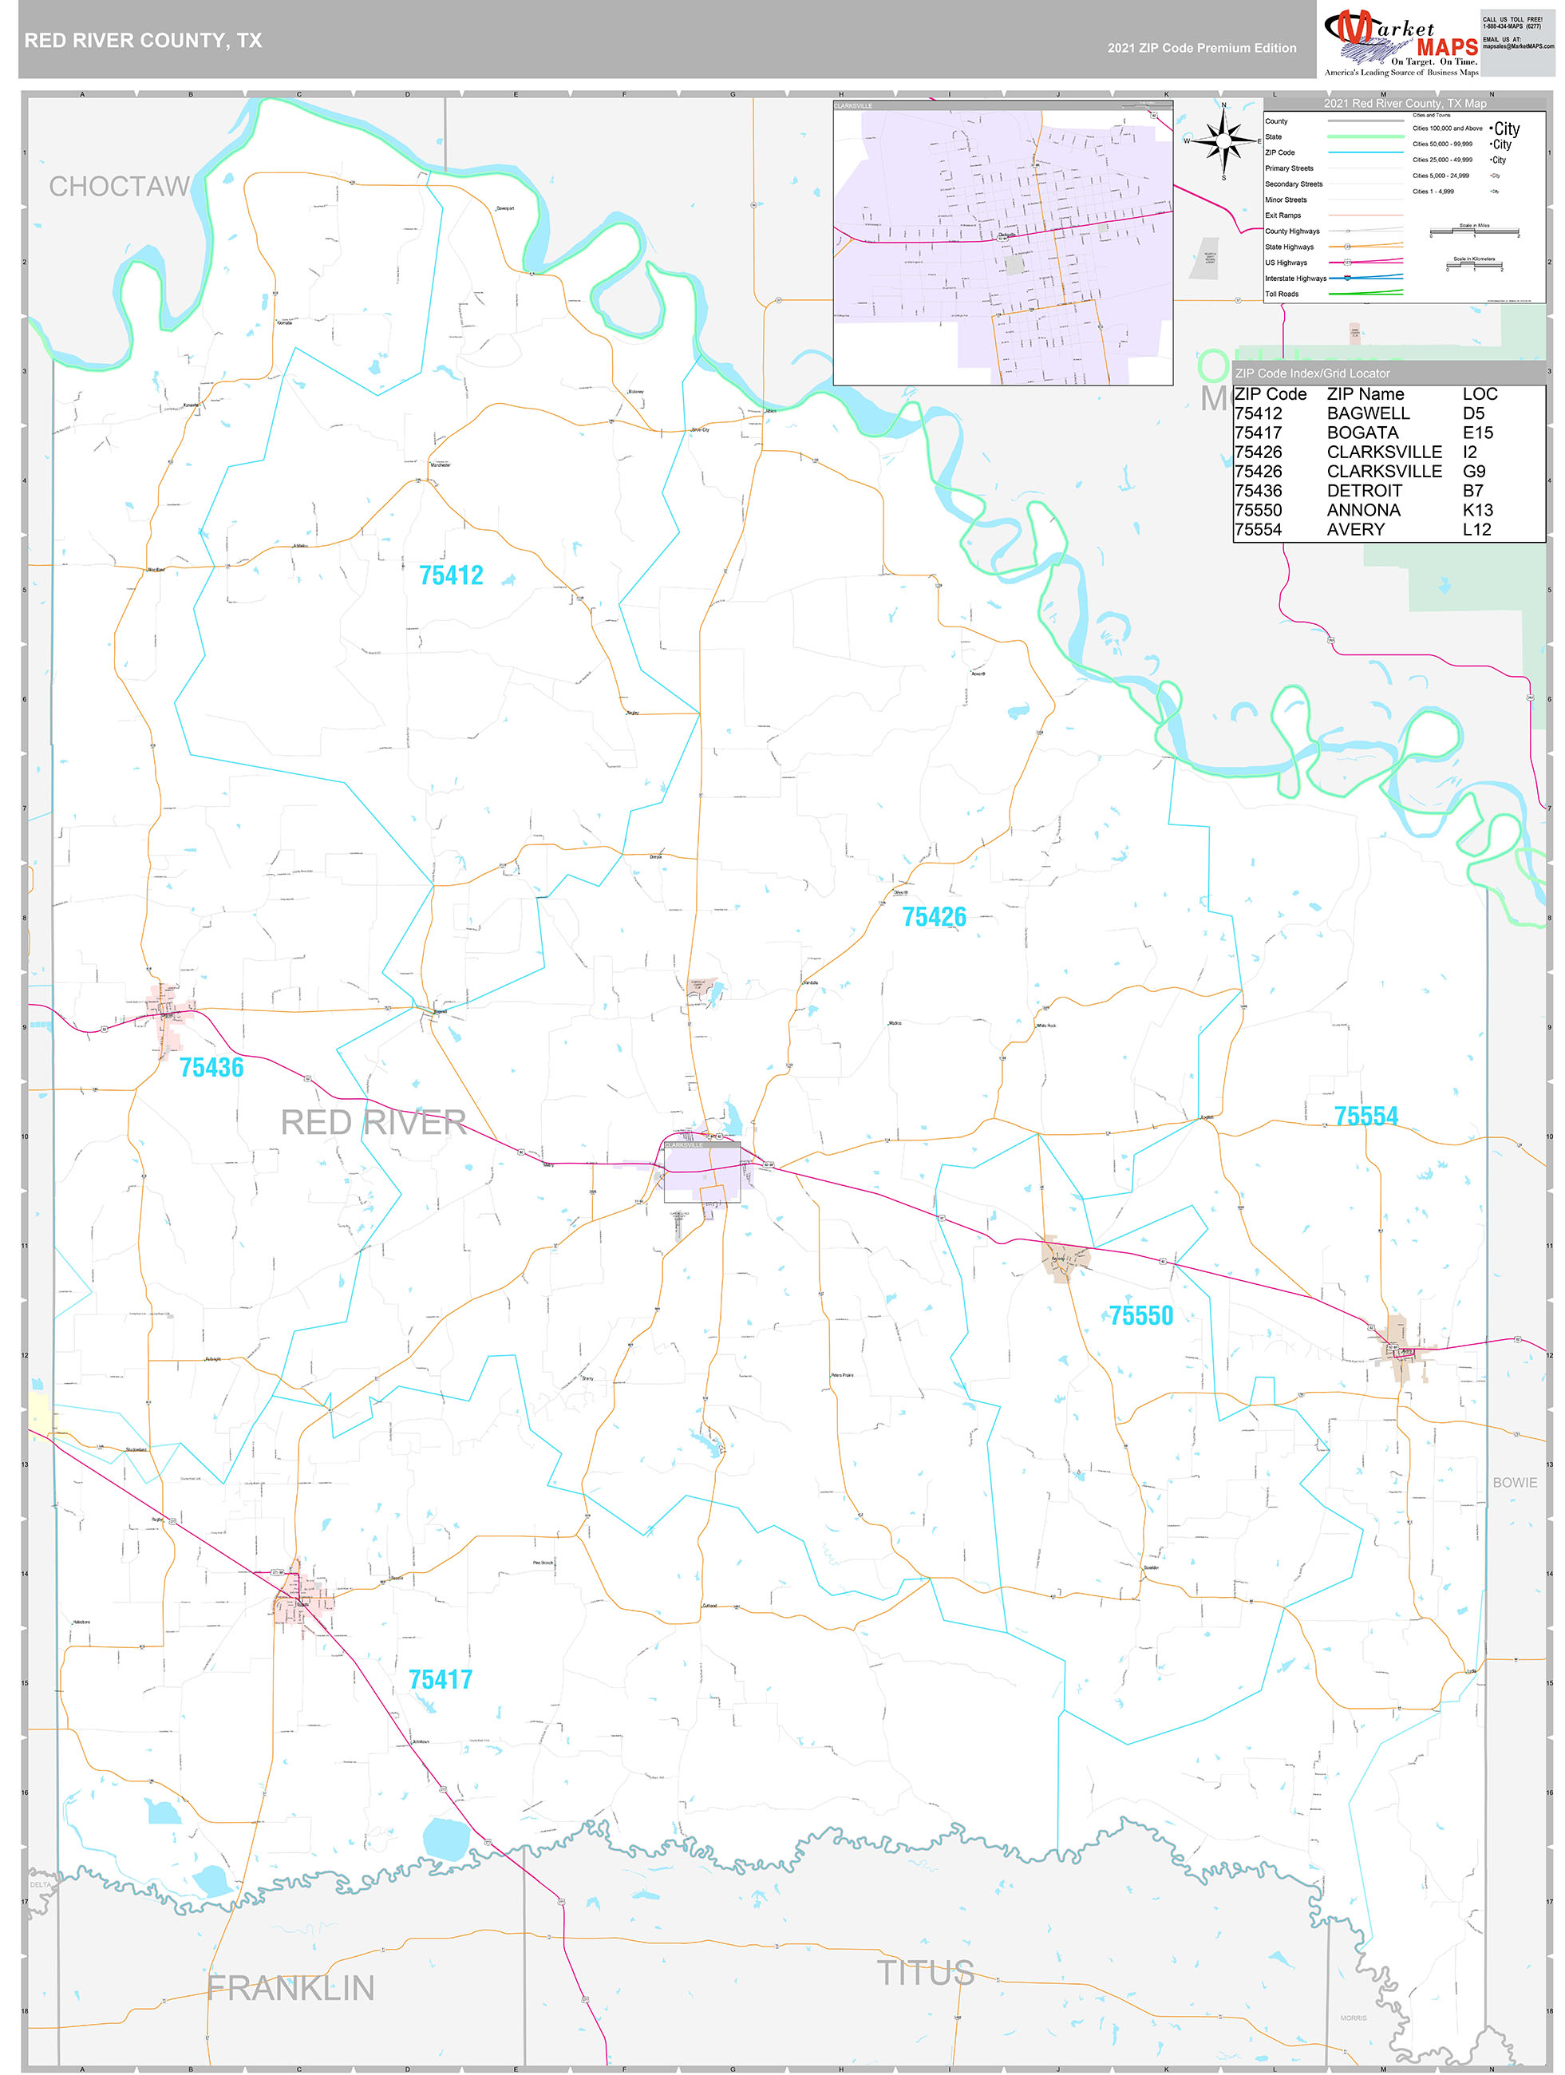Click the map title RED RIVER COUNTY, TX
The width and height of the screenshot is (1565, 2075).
point(143,41)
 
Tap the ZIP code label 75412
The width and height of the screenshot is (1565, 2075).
point(450,575)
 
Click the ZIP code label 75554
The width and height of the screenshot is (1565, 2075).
point(1365,1116)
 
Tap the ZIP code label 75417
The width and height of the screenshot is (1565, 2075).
point(440,1679)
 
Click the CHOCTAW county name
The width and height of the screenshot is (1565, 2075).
point(119,187)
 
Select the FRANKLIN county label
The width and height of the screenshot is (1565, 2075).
point(290,1988)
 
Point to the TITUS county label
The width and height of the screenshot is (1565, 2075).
point(925,1973)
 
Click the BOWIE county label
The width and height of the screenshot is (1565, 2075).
point(1515,1482)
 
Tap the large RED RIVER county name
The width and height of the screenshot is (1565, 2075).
point(373,1122)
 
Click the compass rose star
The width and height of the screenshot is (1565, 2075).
point(1223,140)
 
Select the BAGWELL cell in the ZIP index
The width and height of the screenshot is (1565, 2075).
point(1367,413)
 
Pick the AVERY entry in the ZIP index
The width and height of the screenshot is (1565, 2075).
point(1355,530)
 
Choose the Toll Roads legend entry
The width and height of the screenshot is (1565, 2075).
point(1282,294)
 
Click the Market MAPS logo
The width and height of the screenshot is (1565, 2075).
point(1401,42)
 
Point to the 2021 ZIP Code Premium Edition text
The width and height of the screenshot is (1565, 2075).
point(1201,48)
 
